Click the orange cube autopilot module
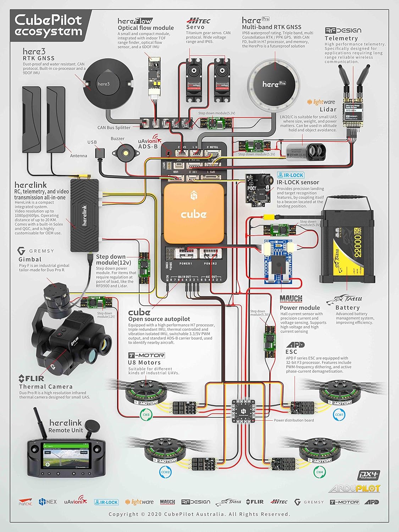(x=194, y=214)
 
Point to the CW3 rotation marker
(x=146, y=414)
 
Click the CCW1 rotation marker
(x=339, y=414)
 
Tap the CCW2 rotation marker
(x=166, y=472)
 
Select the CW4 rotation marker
(x=320, y=472)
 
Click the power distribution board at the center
(x=243, y=411)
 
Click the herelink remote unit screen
(x=65, y=455)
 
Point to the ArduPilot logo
(x=354, y=489)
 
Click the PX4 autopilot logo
(x=369, y=475)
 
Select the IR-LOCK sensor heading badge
(x=291, y=175)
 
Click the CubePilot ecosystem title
(x=49, y=25)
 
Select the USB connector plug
(x=99, y=153)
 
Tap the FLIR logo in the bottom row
(x=255, y=502)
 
